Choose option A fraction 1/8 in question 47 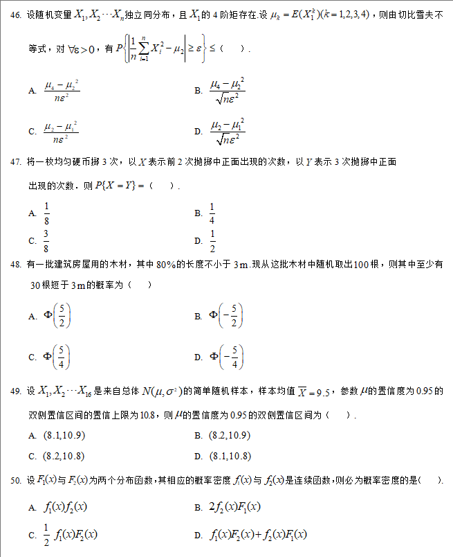47,213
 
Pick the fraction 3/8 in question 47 47,240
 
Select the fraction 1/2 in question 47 212,240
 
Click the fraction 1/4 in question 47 212,213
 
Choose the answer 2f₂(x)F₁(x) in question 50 234,508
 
